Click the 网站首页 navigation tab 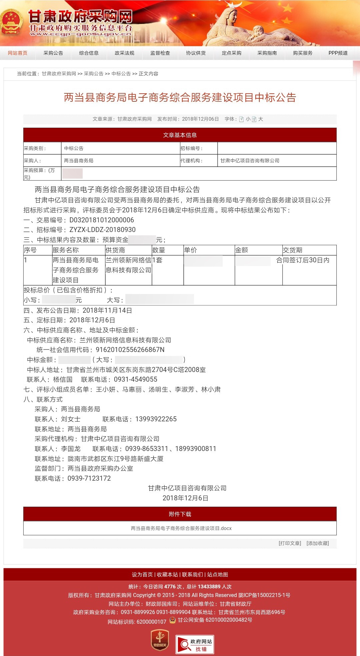tap(18, 53)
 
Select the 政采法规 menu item tap(124, 53)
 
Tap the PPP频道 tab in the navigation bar tap(338, 53)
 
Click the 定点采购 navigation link tap(231, 53)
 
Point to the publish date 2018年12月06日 tap(200, 119)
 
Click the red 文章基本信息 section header tap(180, 135)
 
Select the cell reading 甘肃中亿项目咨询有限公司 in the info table tap(250, 161)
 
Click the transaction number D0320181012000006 tap(102, 220)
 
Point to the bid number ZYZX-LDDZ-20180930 tap(102, 230)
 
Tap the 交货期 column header tap(292, 250)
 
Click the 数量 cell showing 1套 tap(157, 260)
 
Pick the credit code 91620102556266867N tap(130, 350)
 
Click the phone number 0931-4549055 tap(135, 379)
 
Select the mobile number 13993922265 tap(156, 419)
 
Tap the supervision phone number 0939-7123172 tap(89, 478)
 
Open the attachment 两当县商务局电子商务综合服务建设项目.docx tap(181, 528)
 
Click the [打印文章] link tap(290, 543)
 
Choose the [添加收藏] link tap(318, 543)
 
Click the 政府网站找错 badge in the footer tap(195, 644)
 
